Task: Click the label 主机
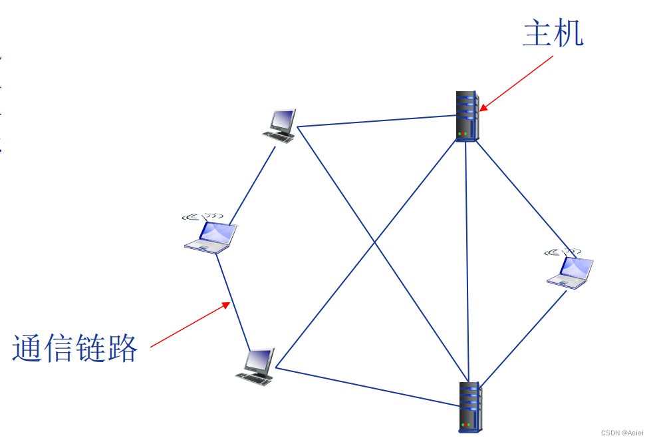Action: click(x=553, y=33)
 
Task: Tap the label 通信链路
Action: click(x=74, y=347)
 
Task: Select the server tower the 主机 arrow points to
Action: click(x=467, y=114)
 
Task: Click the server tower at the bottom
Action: click(x=470, y=406)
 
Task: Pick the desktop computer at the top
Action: click(x=281, y=124)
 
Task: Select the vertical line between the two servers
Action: click(x=467, y=260)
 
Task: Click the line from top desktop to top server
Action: click(x=376, y=120)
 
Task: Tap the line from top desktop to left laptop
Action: click(x=252, y=185)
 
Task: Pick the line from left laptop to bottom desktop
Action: click(x=233, y=303)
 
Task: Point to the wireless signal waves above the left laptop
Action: click(x=202, y=216)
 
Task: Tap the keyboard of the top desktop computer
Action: click(x=279, y=136)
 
